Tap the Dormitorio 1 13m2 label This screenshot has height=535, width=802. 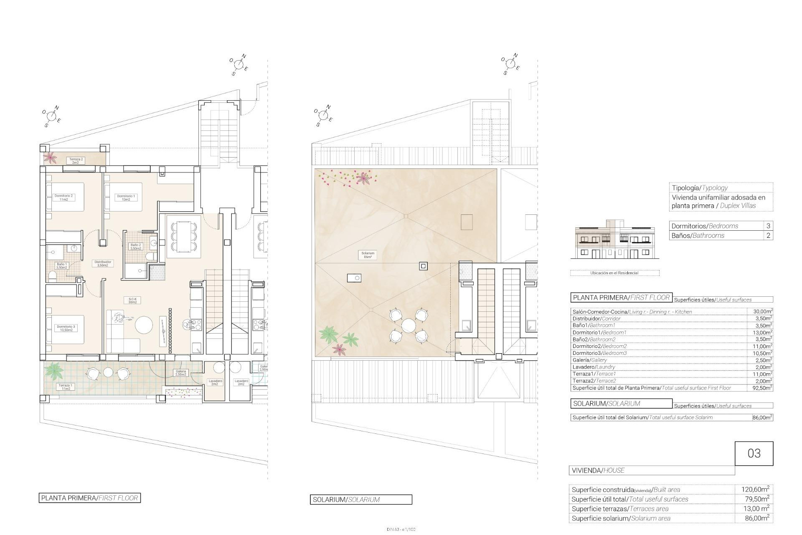click(x=126, y=198)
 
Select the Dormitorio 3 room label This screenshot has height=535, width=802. click(x=66, y=328)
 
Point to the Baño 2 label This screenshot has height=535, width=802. click(x=136, y=247)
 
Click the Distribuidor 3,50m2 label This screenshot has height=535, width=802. click(x=102, y=263)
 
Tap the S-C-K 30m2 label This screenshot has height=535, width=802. click(x=132, y=301)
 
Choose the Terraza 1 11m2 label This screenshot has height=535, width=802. click(x=66, y=387)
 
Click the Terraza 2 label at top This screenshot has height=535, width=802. click(x=76, y=160)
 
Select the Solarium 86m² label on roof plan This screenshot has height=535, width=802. click(x=368, y=255)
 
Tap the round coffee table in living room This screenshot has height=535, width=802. click(x=144, y=325)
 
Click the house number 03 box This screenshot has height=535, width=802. click(x=754, y=453)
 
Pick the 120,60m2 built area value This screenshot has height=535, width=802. click(x=755, y=489)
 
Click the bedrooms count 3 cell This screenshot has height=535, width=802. click(x=768, y=226)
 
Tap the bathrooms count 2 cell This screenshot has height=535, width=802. click(x=768, y=235)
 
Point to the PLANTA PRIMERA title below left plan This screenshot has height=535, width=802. click(x=89, y=498)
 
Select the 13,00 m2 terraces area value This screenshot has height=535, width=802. click(x=755, y=509)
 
